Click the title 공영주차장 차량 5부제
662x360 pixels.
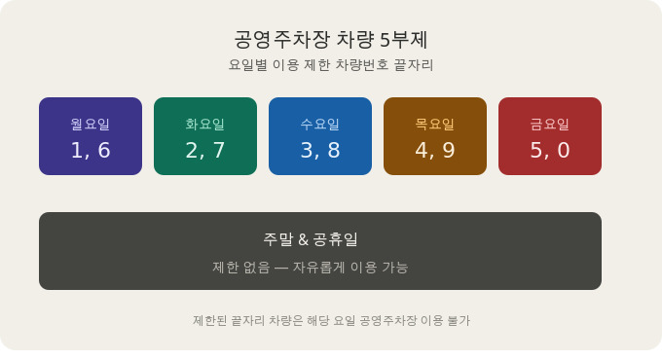point(331,40)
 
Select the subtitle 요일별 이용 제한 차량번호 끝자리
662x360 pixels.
point(331,65)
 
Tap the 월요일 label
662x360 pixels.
point(91,124)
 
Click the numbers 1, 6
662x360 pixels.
point(91,150)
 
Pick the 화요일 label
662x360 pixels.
point(205,124)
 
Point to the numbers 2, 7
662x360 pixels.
point(205,150)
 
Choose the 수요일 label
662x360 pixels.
point(320,124)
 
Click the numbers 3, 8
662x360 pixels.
point(320,150)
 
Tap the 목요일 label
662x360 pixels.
point(435,124)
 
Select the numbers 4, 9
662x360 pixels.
point(435,150)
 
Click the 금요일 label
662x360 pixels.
point(550,124)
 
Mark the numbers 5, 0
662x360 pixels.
point(550,150)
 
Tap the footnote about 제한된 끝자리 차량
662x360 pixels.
point(331,320)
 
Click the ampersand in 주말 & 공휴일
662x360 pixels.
point(303,239)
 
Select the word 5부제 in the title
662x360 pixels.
point(403,40)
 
